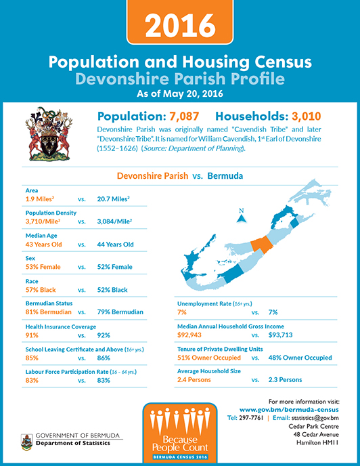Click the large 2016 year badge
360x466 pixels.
tap(180, 22)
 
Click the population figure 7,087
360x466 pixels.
tap(184, 116)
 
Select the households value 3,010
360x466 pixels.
tap(307, 116)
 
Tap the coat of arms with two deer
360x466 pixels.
tap(49, 134)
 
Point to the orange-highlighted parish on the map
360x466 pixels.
tap(261, 244)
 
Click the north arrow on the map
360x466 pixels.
tap(242, 216)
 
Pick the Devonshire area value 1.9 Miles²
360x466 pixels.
tap(40, 199)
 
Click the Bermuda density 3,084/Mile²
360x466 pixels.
tap(114, 221)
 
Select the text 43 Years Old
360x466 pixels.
tap(44, 245)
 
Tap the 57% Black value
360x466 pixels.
tap(41, 290)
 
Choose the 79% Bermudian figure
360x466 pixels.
tap(120, 312)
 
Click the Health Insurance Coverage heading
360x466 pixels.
tap(61, 326)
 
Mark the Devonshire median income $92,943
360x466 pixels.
tap(189, 335)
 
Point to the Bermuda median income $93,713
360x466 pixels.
tap(280, 335)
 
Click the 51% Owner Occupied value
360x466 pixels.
tap(209, 358)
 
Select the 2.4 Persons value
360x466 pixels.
tap(194, 380)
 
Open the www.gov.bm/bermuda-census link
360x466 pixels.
tap(289, 410)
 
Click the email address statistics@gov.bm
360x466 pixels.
tap(315, 418)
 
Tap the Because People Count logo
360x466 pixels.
tap(180, 432)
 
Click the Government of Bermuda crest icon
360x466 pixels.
tap(27, 442)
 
